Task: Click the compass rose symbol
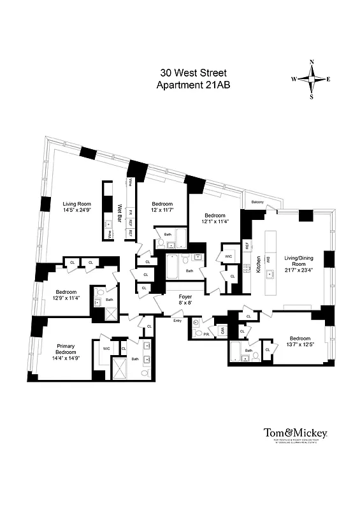click(x=312, y=80)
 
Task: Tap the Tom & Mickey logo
click(x=295, y=433)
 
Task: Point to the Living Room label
click(x=76, y=203)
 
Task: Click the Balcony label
click(x=257, y=202)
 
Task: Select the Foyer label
click(x=185, y=296)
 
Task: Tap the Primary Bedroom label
click(x=64, y=349)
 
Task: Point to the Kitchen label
click(x=259, y=264)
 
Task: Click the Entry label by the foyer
click(x=177, y=321)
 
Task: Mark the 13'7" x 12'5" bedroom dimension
click(x=299, y=345)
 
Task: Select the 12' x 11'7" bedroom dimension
click(x=162, y=210)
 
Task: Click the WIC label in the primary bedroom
click(x=105, y=348)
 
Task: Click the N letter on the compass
click(x=312, y=62)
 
